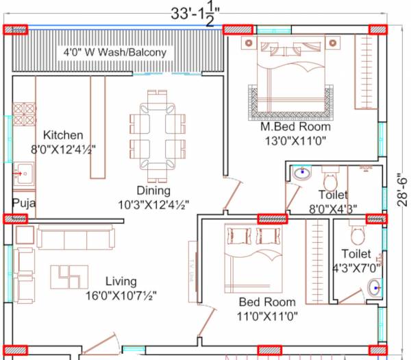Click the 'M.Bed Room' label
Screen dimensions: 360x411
[x=295, y=127]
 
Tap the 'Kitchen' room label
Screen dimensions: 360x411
[x=63, y=135]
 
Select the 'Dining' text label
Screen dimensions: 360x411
[x=153, y=191]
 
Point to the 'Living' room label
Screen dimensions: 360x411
[x=121, y=281]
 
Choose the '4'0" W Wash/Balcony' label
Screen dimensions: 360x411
[x=114, y=52]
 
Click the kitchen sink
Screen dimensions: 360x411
[x=23, y=174]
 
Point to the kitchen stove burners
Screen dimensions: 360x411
[x=24, y=113]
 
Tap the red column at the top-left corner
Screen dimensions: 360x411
[x=16, y=29]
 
